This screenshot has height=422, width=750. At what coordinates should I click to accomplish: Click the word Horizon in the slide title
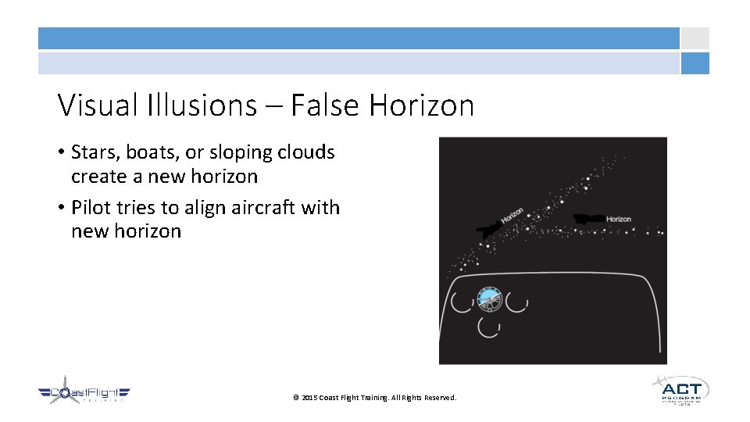[x=422, y=105]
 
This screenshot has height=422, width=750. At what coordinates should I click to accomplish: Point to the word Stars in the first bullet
[x=93, y=152]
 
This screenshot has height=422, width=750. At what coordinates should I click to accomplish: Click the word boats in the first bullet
[x=148, y=152]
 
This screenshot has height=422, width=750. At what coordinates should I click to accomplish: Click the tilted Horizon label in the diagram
[x=512, y=216]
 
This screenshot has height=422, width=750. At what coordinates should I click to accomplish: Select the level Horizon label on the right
[x=619, y=219]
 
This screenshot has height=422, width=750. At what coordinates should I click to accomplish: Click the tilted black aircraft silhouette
[x=490, y=228]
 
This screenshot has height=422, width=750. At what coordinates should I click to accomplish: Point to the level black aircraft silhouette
[x=588, y=220]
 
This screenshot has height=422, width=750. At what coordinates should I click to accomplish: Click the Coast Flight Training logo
[x=84, y=393]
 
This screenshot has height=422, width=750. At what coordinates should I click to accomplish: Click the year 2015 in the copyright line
[x=309, y=399]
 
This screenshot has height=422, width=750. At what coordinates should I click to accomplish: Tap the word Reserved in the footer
[x=440, y=399]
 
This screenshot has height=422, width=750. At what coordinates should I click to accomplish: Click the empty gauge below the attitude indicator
[x=489, y=327]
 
